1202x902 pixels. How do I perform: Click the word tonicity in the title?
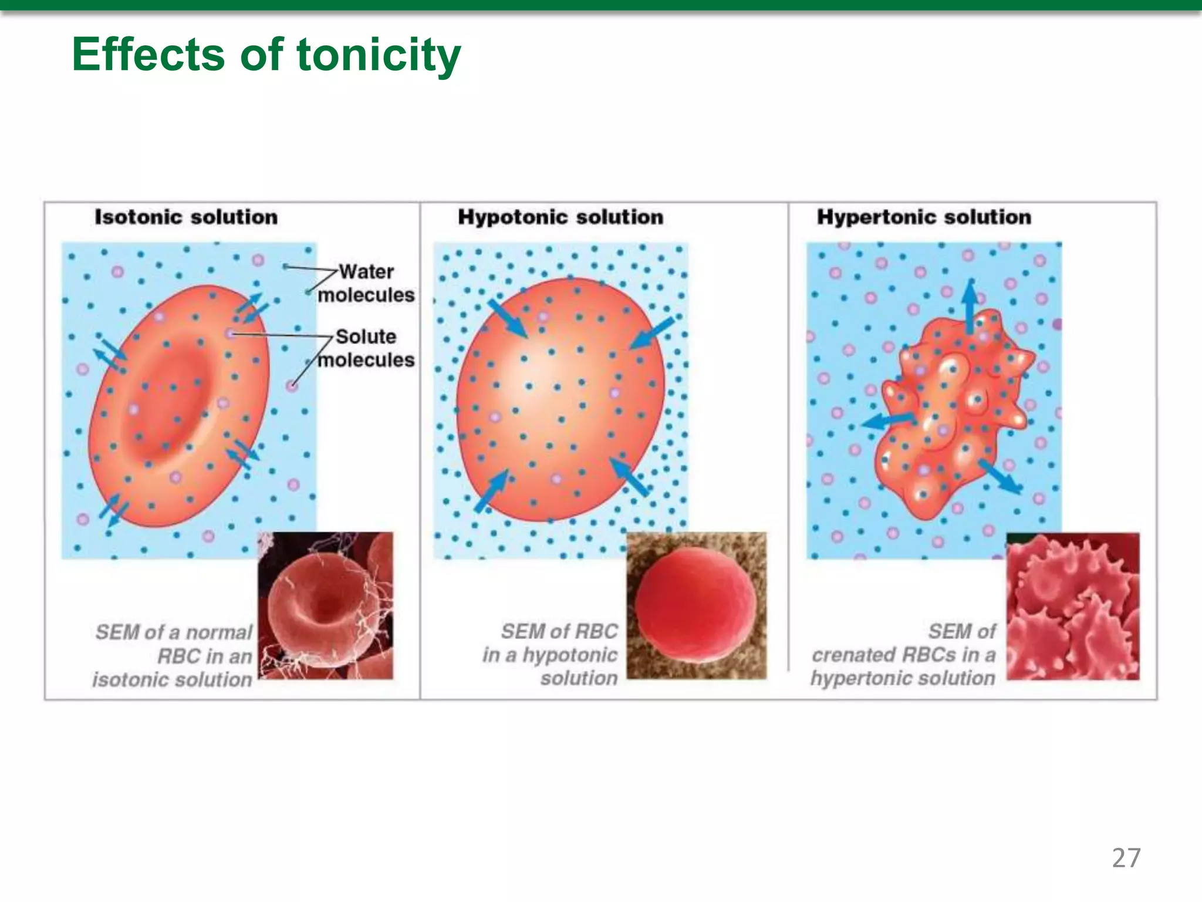tap(379, 55)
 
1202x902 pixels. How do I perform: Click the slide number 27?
tap(1126, 858)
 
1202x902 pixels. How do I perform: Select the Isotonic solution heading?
tap(186, 217)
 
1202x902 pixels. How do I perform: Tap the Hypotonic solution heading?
tap(560, 217)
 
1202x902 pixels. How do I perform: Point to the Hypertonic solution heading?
tap(923, 217)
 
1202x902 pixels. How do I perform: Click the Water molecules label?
tap(366, 283)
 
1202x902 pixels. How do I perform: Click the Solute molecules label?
tap(366, 348)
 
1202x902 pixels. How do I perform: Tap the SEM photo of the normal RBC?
tap(326, 605)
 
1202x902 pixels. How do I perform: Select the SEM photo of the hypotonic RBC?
tap(696, 605)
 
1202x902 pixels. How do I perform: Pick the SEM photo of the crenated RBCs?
tap(1073, 606)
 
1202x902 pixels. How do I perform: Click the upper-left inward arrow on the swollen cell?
tap(508, 318)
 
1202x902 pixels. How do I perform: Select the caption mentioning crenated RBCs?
tap(904, 655)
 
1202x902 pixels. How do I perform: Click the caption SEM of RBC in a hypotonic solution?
tap(552, 655)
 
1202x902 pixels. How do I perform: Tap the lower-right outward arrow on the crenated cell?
tap(1000, 476)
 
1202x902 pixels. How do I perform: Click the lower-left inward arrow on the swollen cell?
tap(491, 491)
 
